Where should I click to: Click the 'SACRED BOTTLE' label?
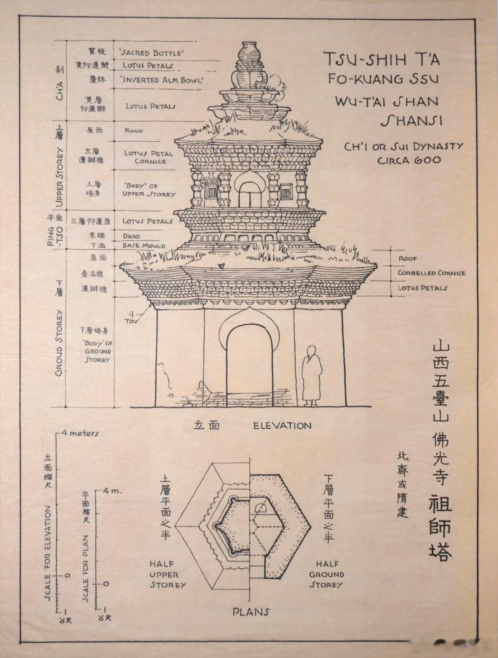[x=152, y=53]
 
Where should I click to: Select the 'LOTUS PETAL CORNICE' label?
[x=149, y=157]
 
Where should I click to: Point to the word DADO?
[x=131, y=236]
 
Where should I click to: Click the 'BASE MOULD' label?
[x=144, y=246]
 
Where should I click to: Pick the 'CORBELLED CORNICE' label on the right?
[x=431, y=273]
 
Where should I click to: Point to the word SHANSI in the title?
[x=411, y=121]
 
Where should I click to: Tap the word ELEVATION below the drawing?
[x=282, y=425]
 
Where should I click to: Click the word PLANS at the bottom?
[x=251, y=612]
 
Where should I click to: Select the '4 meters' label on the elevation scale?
[x=80, y=433]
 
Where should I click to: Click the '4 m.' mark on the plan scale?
[x=112, y=491]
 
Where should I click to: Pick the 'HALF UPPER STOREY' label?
[x=168, y=575]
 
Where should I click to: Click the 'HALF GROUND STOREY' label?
[x=326, y=575]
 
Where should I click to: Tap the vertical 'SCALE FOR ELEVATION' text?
[x=48, y=553]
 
